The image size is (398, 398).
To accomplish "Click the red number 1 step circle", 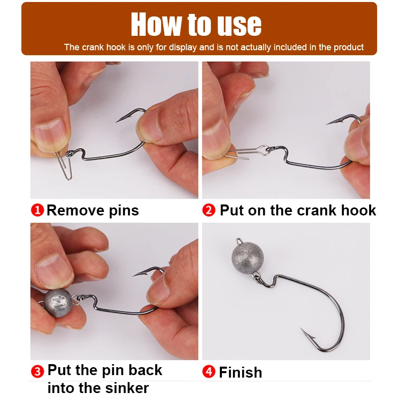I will tap(38, 210).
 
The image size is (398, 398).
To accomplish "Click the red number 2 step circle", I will tap(209, 210).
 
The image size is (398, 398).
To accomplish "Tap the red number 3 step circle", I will tap(38, 371).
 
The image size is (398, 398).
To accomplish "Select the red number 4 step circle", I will tap(209, 372).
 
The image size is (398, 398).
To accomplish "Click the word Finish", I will tap(240, 372).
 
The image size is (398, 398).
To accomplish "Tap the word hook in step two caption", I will tap(358, 210).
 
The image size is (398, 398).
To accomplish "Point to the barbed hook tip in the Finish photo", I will tap(304, 332).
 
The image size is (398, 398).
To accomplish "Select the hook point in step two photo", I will tap(330, 122).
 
